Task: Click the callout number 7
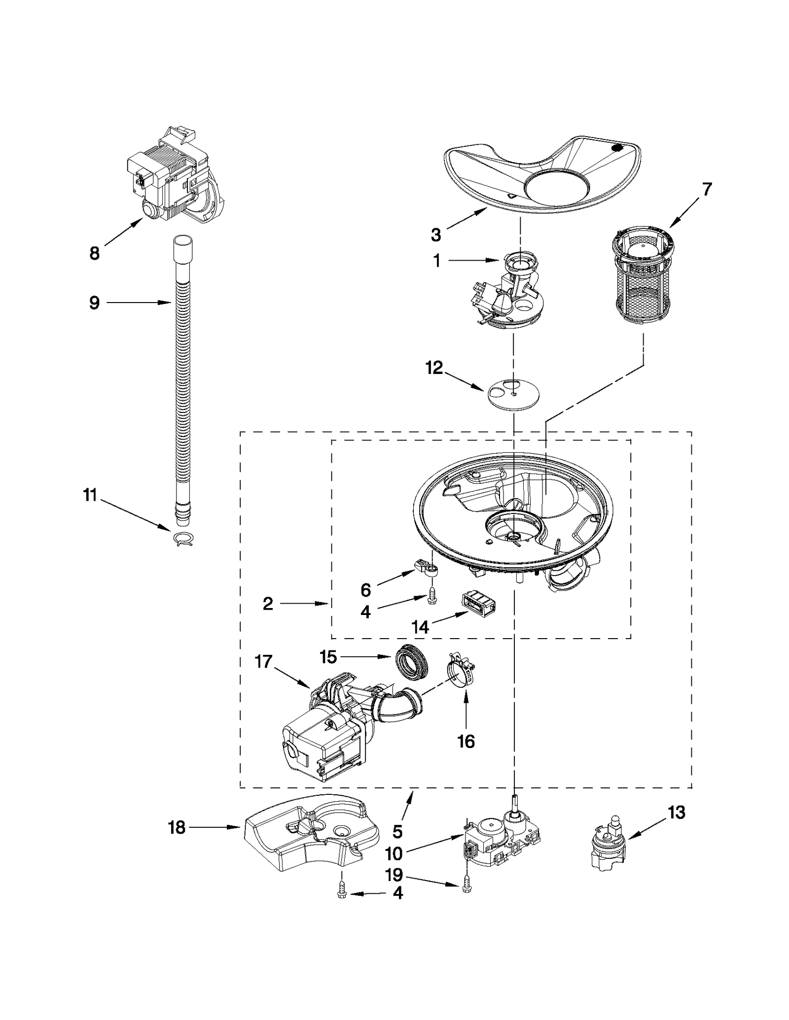[707, 189]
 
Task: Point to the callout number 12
[434, 368]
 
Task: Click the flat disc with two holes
[513, 394]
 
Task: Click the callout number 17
[263, 662]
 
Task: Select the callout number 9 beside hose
[94, 303]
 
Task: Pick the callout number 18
[177, 827]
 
